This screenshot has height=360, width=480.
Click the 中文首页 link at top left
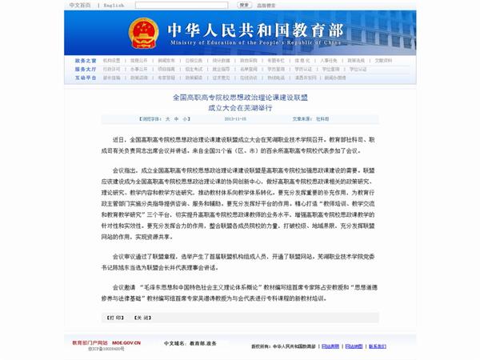coord(80,5)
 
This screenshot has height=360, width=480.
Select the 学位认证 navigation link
coord(357,69)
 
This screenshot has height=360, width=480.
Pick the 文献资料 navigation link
coord(384,60)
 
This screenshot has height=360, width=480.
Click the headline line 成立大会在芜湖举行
coord(240,106)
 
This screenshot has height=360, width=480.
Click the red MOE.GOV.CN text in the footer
coord(126,342)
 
